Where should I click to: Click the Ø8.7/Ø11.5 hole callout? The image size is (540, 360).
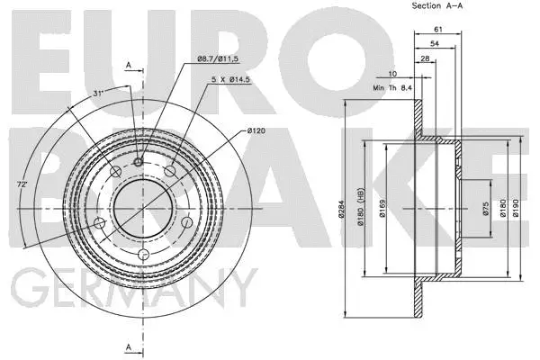[216, 59]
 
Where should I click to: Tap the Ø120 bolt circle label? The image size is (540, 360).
[256, 132]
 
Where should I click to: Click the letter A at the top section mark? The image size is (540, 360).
[129, 65]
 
